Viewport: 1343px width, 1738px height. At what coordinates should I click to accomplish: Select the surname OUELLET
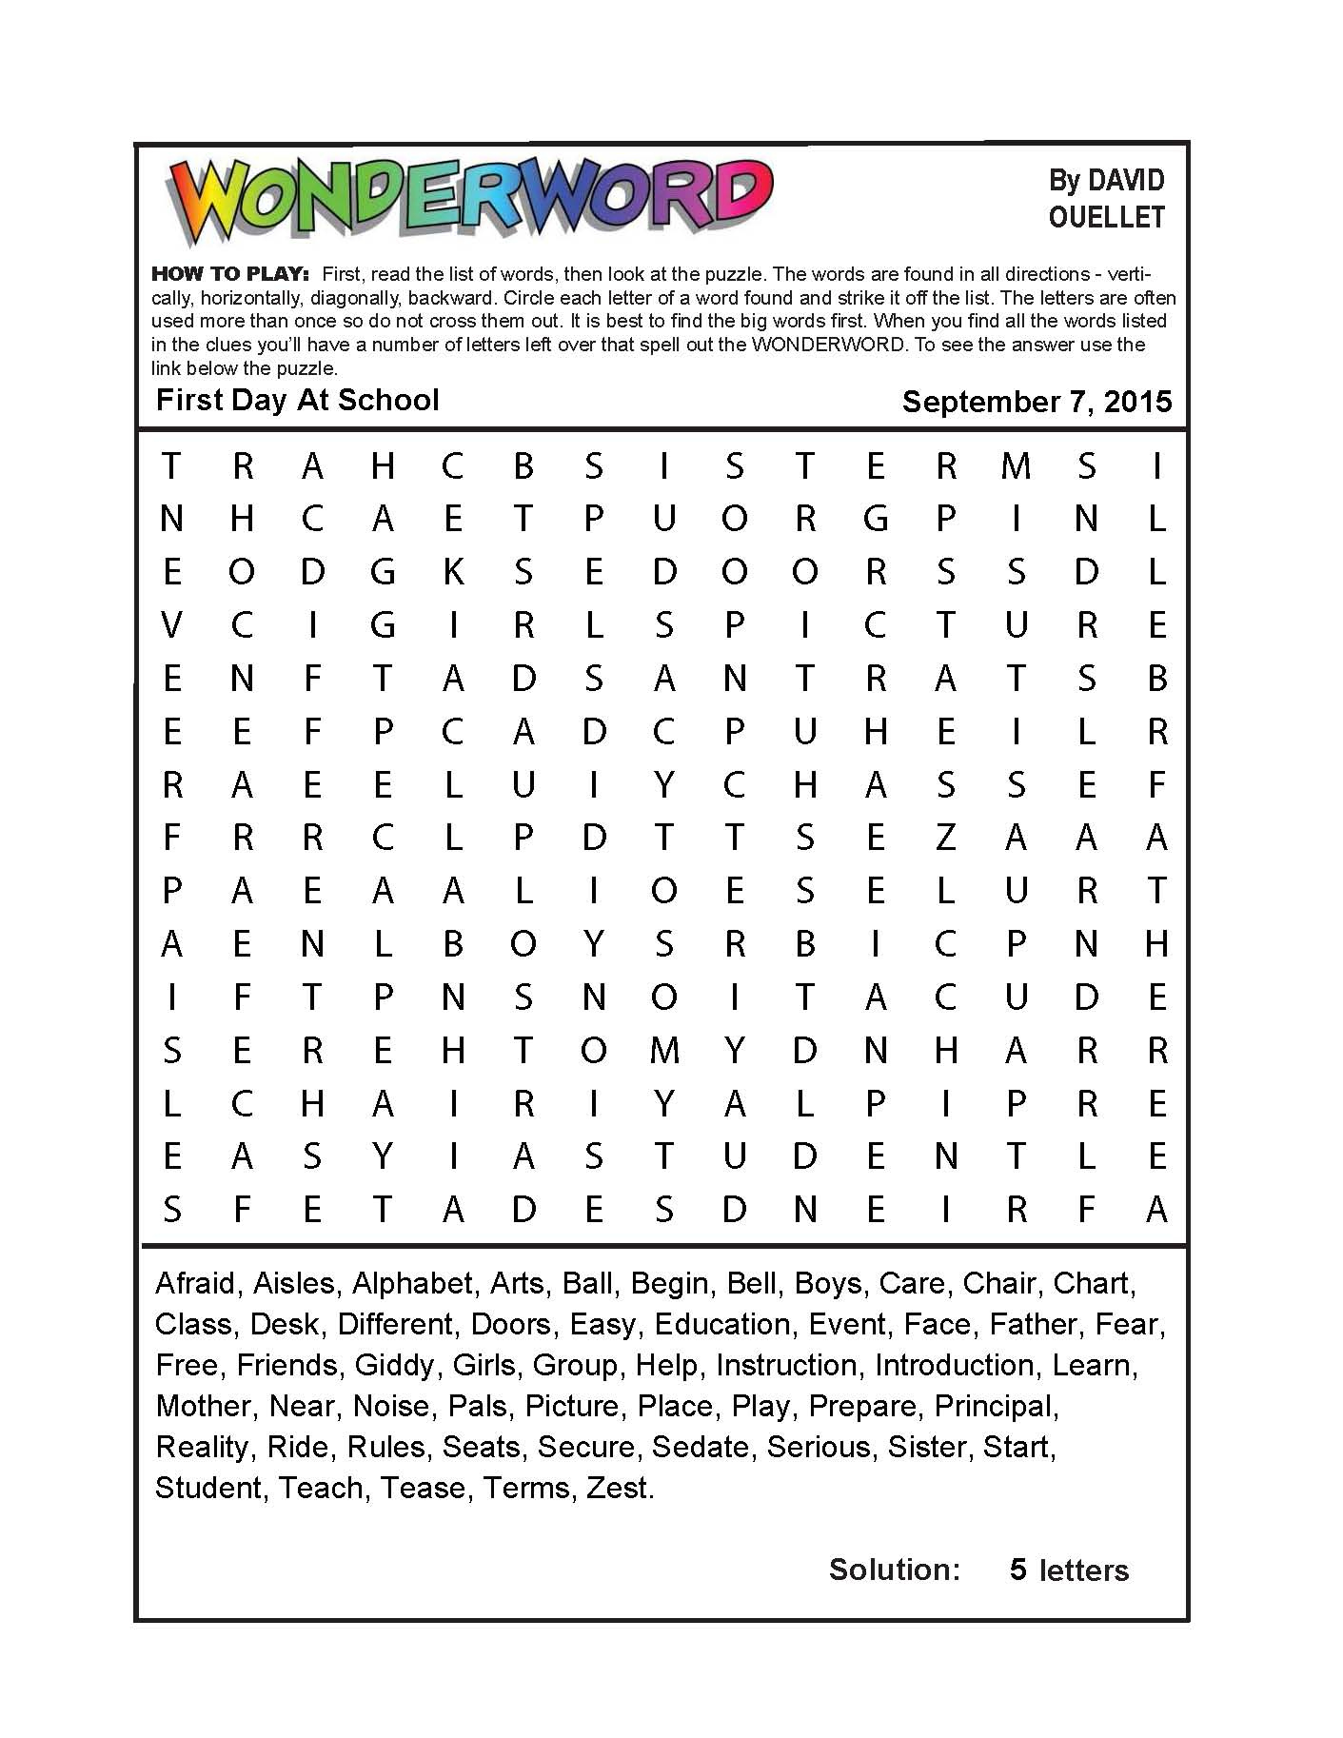point(1106,218)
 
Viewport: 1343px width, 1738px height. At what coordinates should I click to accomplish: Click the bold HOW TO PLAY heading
point(229,274)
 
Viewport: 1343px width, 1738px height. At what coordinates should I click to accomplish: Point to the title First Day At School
point(297,400)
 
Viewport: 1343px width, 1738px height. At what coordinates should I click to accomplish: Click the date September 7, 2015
point(1036,402)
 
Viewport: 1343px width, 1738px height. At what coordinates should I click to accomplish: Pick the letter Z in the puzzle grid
point(944,838)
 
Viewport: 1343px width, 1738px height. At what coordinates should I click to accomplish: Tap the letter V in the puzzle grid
point(171,625)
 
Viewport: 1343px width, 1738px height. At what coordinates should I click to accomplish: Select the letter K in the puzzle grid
point(453,572)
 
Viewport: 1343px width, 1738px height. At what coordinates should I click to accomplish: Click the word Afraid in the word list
point(195,1283)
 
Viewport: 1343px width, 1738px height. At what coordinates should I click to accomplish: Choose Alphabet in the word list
point(412,1283)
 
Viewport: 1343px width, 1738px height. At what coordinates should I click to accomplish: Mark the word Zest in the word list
point(619,1487)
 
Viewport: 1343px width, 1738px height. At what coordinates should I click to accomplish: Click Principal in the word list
point(995,1406)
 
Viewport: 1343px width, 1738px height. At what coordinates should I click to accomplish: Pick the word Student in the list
point(207,1487)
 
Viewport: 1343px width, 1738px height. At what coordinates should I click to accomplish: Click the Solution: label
point(895,1570)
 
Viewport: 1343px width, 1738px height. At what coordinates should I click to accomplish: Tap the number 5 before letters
point(1017,1570)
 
